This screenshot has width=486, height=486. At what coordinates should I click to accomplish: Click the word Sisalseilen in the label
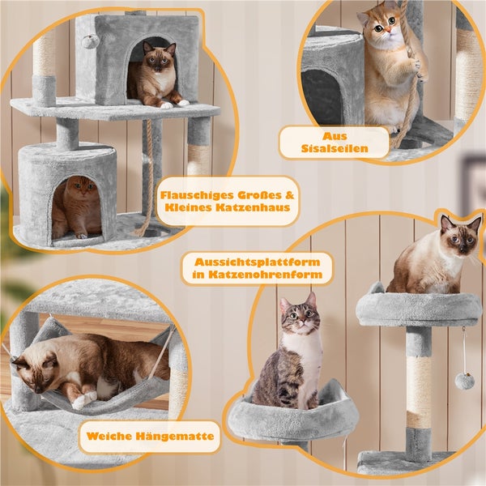335,148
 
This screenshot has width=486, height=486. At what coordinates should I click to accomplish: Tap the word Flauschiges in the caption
197,195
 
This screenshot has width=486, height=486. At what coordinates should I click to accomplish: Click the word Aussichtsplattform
258,262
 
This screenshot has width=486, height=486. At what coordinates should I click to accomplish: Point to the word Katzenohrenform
265,275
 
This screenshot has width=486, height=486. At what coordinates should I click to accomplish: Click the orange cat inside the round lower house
77,207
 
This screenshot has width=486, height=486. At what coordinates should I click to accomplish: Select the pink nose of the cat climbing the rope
388,30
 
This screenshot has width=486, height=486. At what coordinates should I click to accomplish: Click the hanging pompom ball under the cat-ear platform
463,381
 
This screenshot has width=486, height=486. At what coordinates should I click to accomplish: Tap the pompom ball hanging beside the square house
87,41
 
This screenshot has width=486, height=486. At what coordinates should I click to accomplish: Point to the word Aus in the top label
335,136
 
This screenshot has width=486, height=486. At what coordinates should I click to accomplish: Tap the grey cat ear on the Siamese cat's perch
377,288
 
